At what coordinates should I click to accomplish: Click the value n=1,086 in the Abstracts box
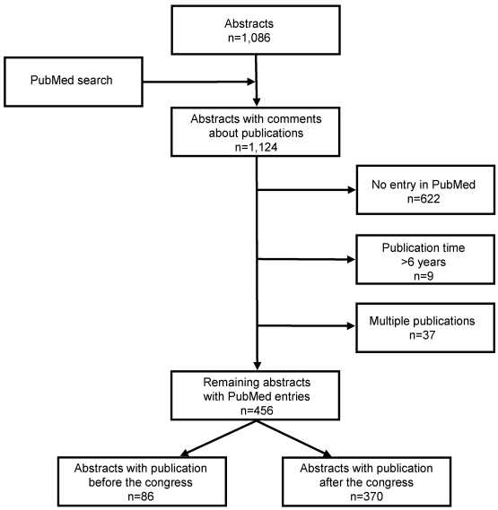[249, 38]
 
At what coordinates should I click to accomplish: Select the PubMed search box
[74, 82]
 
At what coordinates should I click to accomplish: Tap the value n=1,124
[256, 147]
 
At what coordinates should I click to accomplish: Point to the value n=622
[424, 198]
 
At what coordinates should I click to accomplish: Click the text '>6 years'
[424, 262]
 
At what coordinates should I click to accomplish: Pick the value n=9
[424, 276]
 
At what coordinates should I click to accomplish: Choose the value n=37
[422, 334]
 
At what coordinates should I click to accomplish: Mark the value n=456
[257, 411]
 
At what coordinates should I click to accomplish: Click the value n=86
[141, 497]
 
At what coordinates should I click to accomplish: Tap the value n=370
[366, 497]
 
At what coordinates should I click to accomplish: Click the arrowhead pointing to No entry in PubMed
[352, 190]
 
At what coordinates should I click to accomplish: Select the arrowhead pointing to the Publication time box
[352, 259]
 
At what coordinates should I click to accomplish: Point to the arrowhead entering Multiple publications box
[352, 325]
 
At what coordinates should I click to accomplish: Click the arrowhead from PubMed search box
[251, 82]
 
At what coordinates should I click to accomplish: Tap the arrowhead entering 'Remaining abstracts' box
[257, 366]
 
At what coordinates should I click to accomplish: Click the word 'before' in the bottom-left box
[107, 482]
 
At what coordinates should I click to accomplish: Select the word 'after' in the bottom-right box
[332, 482]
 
